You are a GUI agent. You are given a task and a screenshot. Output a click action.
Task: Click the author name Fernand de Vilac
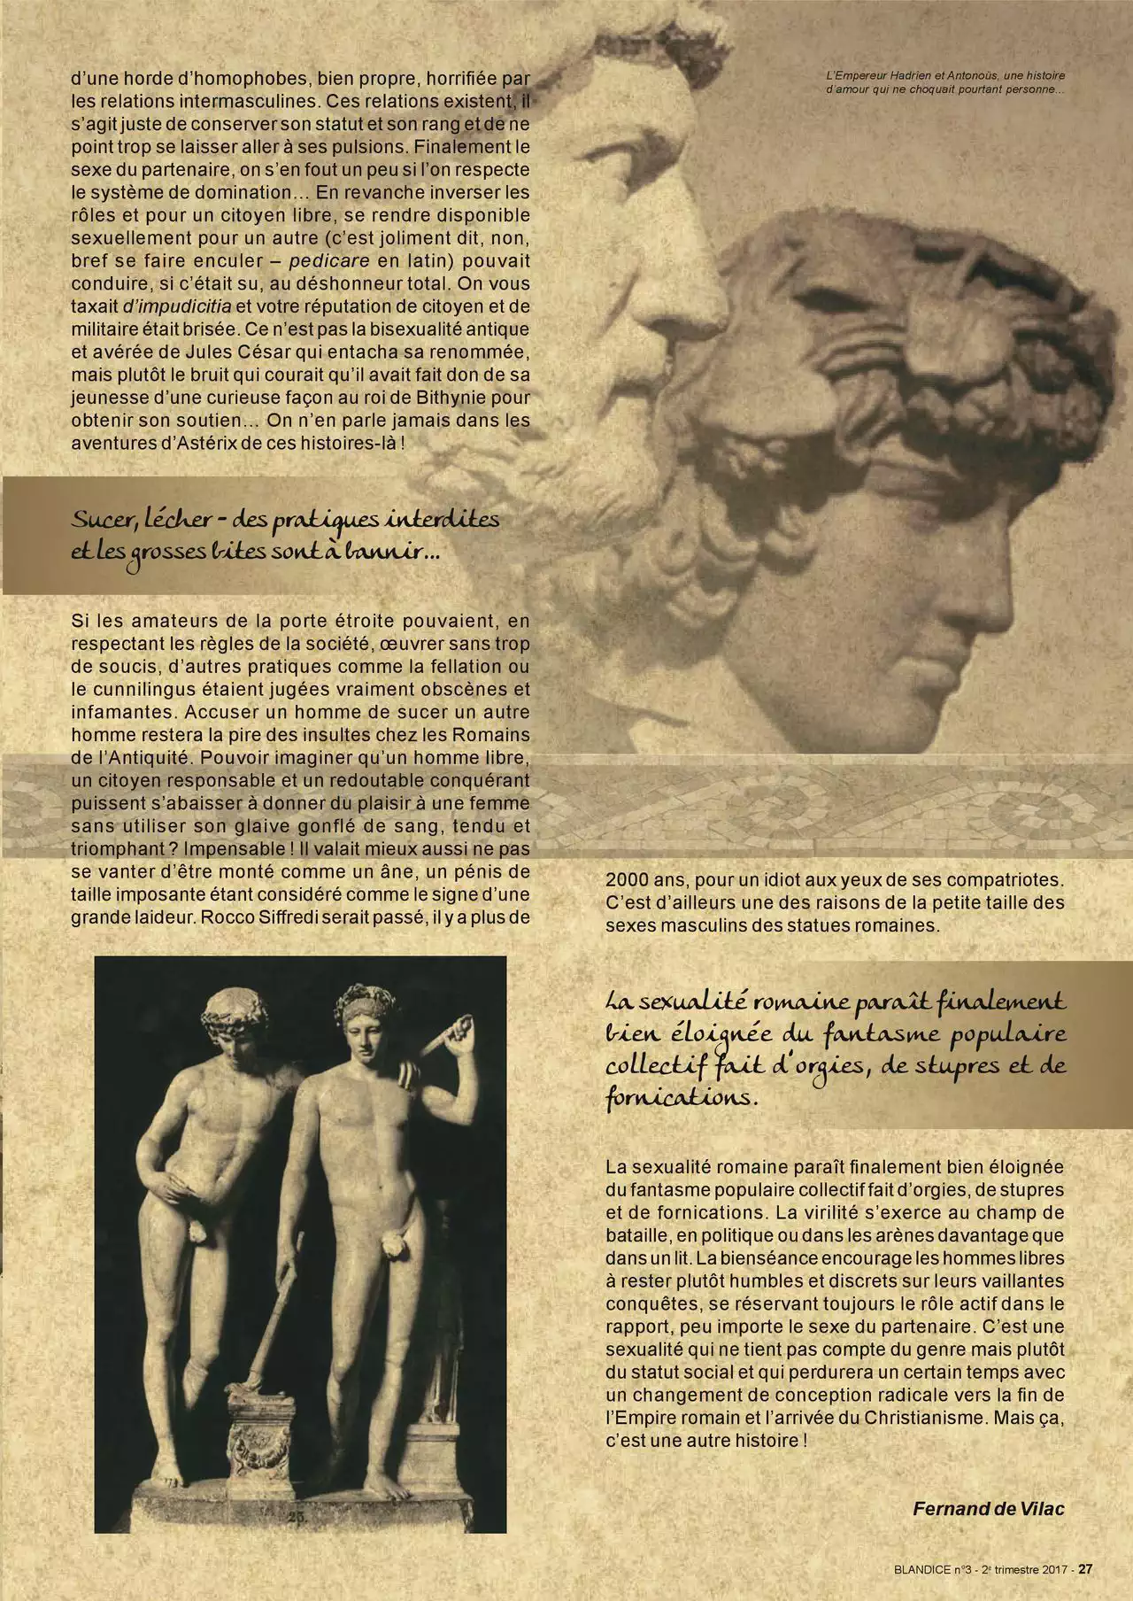[x=989, y=1509]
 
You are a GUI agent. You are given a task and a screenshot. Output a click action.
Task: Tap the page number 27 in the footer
[x=1085, y=1569]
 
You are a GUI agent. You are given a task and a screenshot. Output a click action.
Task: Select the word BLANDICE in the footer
[x=901, y=1570]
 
